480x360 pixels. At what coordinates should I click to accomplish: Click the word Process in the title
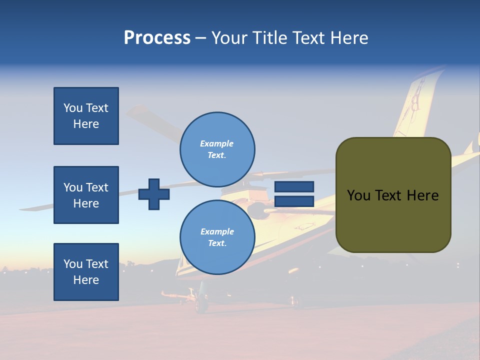pos(157,38)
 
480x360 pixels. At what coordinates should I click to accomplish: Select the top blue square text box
pos(86,116)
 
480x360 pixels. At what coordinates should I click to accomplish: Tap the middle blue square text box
pos(86,195)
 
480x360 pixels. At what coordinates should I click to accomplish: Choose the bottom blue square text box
pos(86,272)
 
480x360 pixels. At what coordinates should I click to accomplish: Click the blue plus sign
pos(154,194)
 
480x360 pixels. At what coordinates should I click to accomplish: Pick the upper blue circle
pos(217,149)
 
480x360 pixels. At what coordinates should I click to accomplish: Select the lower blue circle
pos(217,237)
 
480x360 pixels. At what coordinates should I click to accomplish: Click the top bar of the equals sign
pos(294,187)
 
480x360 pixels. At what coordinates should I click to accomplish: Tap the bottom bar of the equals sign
pos(294,201)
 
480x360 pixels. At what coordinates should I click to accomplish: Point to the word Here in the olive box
pos(422,195)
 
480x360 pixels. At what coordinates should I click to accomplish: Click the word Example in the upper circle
pos(216,143)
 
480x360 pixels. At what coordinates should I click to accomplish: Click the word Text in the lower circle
pos(216,243)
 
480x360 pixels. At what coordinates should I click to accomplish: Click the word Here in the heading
pos(348,38)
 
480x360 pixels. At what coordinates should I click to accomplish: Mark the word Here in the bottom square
pos(86,280)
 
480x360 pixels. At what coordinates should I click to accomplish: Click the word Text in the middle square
pos(97,187)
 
